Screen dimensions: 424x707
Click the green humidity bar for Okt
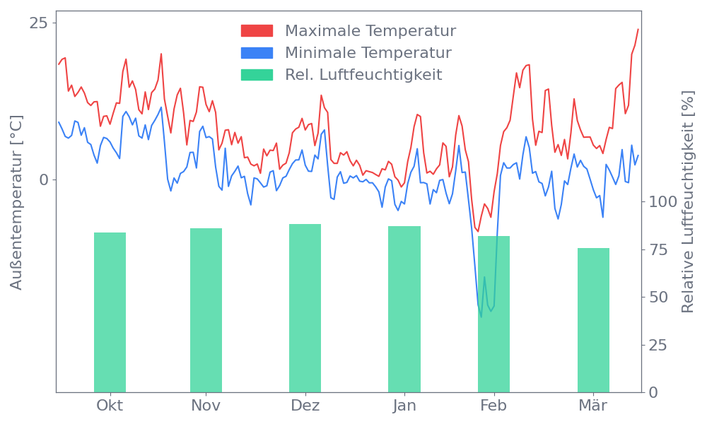(x=110, y=312)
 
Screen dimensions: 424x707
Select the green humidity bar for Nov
(x=206, y=310)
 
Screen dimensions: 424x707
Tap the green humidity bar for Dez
(x=305, y=307)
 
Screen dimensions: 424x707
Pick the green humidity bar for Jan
(x=404, y=309)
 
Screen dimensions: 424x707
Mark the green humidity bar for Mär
(x=593, y=319)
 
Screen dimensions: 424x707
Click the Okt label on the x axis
(x=110, y=406)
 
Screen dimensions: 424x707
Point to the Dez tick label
(x=305, y=406)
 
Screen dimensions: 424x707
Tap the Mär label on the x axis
(x=593, y=406)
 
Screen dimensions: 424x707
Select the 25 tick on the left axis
(x=38, y=23)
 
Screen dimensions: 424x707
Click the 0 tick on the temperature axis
(x=44, y=179)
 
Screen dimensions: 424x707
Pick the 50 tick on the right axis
(x=659, y=297)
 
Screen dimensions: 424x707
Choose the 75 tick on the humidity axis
(x=659, y=249)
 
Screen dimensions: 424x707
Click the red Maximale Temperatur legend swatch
(x=257, y=31)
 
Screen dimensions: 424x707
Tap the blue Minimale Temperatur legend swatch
(x=257, y=53)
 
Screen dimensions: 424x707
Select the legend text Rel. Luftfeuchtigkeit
(x=363, y=74)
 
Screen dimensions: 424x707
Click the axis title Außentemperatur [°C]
(x=17, y=203)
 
